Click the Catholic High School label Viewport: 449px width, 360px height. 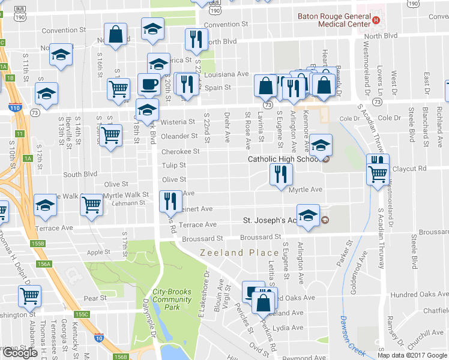click(x=285, y=159)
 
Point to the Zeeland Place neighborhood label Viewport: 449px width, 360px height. click(x=240, y=253)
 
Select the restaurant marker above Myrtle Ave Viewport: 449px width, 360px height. click(x=281, y=175)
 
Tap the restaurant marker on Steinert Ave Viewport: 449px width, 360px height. click(x=170, y=200)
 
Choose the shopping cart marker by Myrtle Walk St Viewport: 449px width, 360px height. click(x=91, y=205)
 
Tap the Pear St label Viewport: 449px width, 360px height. click(x=95, y=298)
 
